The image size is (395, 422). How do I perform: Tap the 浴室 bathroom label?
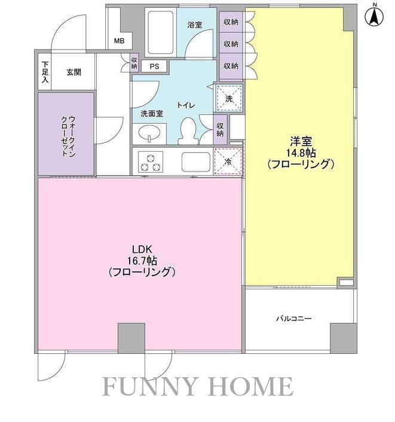coord(195,25)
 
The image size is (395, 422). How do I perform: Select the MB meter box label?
coord(120,41)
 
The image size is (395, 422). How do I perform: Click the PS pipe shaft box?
coord(154,66)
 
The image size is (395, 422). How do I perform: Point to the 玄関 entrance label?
coord(74,72)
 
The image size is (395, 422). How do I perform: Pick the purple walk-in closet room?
coord(66,134)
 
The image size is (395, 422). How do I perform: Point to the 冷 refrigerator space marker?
coord(227,160)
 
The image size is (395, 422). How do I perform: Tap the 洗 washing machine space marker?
coord(229,99)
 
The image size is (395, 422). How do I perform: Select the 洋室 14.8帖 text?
coord(300,152)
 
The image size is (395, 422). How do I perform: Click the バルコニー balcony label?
coord(293,319)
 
